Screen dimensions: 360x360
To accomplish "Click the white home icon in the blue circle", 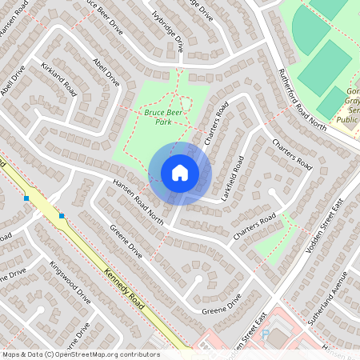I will tap(180, 173).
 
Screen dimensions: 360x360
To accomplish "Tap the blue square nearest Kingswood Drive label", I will tap(62, 216).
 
